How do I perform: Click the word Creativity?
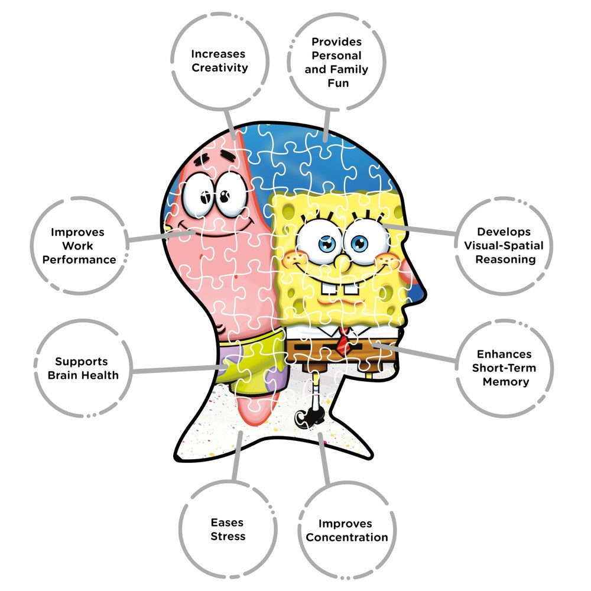point(220,68)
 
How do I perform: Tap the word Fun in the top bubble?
point(338,83)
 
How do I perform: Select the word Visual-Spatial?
point(504,246)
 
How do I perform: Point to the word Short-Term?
point(504,368)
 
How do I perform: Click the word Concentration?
point(347,537)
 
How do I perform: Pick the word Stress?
point(228,537)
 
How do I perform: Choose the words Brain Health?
point(83,375)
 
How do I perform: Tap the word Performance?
point(79,259)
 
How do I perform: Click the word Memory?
point(506,382)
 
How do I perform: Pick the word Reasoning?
point(505,259)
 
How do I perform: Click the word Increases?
point(218,54)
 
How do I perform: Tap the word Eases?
point(228,523)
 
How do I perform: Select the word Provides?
point(337,41)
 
